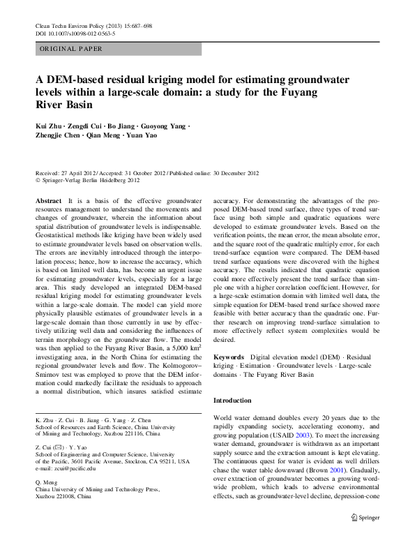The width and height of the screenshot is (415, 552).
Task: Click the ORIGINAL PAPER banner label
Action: (71, 49)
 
